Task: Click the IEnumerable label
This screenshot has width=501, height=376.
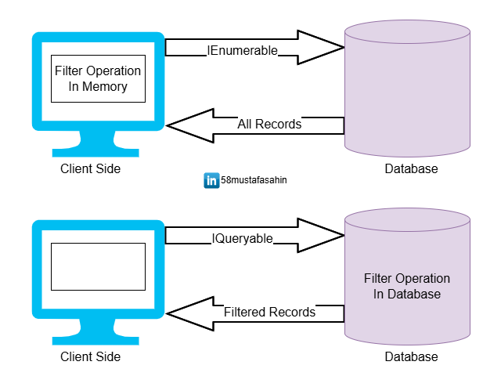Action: coord(242,51)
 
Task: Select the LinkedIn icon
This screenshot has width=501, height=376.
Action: coord(211,181)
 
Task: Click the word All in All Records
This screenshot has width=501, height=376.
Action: coord(245,125)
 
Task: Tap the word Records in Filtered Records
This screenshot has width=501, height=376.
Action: coord(292,313)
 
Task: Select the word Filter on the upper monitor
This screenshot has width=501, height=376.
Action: coord(69,71)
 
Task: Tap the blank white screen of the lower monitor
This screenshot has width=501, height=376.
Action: coord(98,266)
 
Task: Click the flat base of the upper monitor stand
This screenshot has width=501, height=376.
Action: coord(96,153)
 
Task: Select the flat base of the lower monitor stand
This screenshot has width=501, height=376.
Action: coord(96,341)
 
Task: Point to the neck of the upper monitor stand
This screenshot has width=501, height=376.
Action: coord(96,139)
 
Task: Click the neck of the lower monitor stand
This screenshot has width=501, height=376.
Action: coord(96,327)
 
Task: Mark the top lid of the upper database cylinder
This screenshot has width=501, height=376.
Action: coord(407,32)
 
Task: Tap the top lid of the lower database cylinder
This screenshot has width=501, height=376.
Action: coord(407,220)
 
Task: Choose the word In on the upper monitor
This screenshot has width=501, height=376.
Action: coord(74,87)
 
